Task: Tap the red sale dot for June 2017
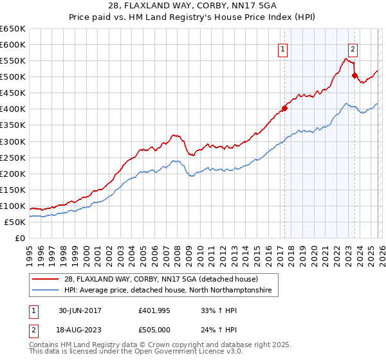(x=284, y=108)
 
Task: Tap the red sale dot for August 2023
(x=354, y=75)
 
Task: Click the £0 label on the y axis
(x=19, y=238)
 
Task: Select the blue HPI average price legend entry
(x=168, y=291)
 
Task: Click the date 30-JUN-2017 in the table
(x=82, y=310)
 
